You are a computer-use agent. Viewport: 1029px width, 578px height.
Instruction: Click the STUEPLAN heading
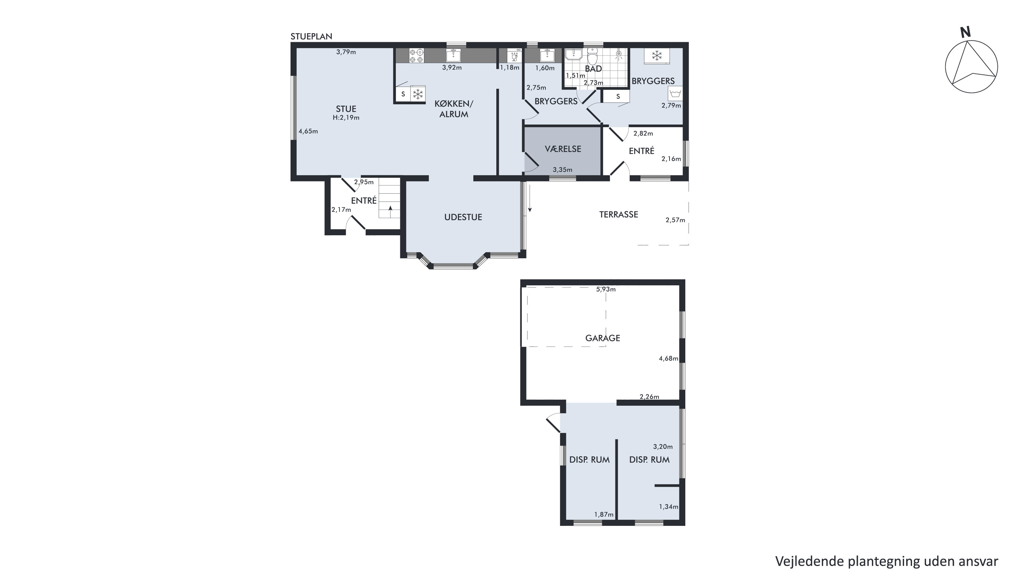pos(311,36)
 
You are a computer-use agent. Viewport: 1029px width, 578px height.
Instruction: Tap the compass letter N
pos(966,32)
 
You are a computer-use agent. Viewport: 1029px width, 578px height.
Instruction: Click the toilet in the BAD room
pos(592,56)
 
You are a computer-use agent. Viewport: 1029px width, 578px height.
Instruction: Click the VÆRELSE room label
pos(563,149)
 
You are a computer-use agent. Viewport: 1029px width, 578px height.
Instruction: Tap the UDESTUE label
pos(463,217)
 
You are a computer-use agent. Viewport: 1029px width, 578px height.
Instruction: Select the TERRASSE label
pos(618,214)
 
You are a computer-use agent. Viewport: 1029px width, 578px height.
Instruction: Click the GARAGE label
pos(602,338)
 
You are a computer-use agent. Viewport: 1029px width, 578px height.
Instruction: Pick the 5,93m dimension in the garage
pos(606,289)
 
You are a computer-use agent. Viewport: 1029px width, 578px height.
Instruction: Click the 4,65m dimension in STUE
pos(308,131)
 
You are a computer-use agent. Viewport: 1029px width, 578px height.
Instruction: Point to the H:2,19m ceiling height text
pos(346,118)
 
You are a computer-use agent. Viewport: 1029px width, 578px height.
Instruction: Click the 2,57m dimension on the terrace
pos(675,220)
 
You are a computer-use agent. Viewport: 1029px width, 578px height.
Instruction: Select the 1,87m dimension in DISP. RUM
pos(604,515)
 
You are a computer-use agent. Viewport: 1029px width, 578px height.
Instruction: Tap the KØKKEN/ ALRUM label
pos(454,109)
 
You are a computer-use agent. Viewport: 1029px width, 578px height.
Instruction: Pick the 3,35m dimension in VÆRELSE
pos(563,170)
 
